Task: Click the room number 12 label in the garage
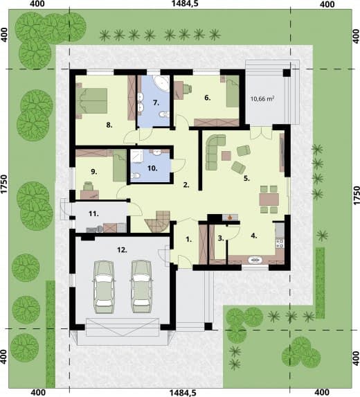(122, 250)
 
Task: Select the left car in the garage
(104, 287)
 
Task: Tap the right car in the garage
(142, 286)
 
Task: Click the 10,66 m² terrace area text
(262, 98)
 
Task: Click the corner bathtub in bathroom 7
(161, 83)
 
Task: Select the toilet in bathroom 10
(136, 175)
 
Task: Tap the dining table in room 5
(269, 200)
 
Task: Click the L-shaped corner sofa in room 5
(214, 152)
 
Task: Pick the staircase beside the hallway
(159, 221)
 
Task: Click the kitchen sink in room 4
(255, 260)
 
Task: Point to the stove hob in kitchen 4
(280, 244)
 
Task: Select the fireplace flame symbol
(230, 217)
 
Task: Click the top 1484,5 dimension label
(181, 3)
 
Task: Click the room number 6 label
(208, 98)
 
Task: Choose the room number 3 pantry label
(221, 238)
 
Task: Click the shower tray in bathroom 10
(136, 155)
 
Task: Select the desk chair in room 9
(89, 186)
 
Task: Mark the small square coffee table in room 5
(226, 156)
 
